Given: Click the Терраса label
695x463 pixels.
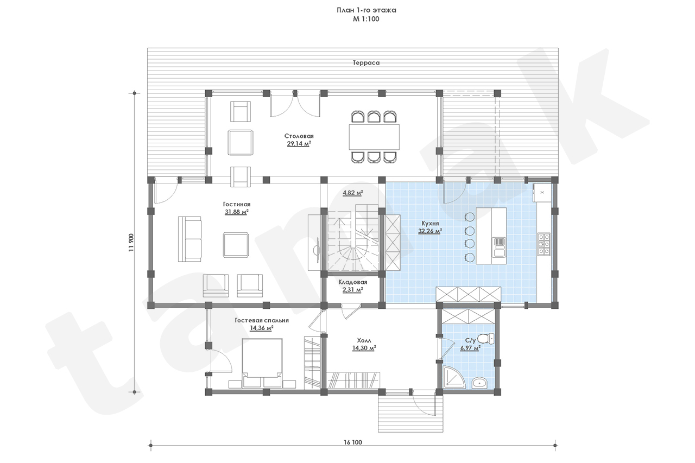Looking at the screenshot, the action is [x=366, y=62].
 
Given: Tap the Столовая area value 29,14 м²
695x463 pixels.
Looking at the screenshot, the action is [x=299, y=144].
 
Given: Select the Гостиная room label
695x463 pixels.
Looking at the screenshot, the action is [x=237, y=205].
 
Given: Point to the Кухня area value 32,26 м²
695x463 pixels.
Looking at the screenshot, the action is [x=430, y=231].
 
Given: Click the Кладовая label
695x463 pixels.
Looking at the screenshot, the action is [x=353, y=282].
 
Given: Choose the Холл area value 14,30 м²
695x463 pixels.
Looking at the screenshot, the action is [x=364, y=348].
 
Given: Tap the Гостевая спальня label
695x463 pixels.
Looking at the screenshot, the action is [x=262, y=320].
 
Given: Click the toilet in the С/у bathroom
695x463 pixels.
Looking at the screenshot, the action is [x=486, y=338].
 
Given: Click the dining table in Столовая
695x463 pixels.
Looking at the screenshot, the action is [x=374, y=137].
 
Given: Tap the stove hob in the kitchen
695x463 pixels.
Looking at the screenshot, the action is [x=544, y=244].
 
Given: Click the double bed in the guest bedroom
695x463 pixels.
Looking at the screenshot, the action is [x=262, y=363].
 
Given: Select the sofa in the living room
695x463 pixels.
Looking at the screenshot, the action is [x=189, y=239].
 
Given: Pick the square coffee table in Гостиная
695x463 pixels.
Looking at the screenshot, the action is [x=236, y=245].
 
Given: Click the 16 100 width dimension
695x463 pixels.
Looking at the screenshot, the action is [x=353, y=442].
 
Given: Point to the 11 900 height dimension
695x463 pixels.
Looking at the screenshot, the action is [x=131, y=243].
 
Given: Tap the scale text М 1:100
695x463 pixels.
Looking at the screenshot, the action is [x=366, y=19].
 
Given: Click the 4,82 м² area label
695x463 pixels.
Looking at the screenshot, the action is [x=353, y=193].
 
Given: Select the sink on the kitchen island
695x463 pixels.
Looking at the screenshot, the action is [x=499, y=247].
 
